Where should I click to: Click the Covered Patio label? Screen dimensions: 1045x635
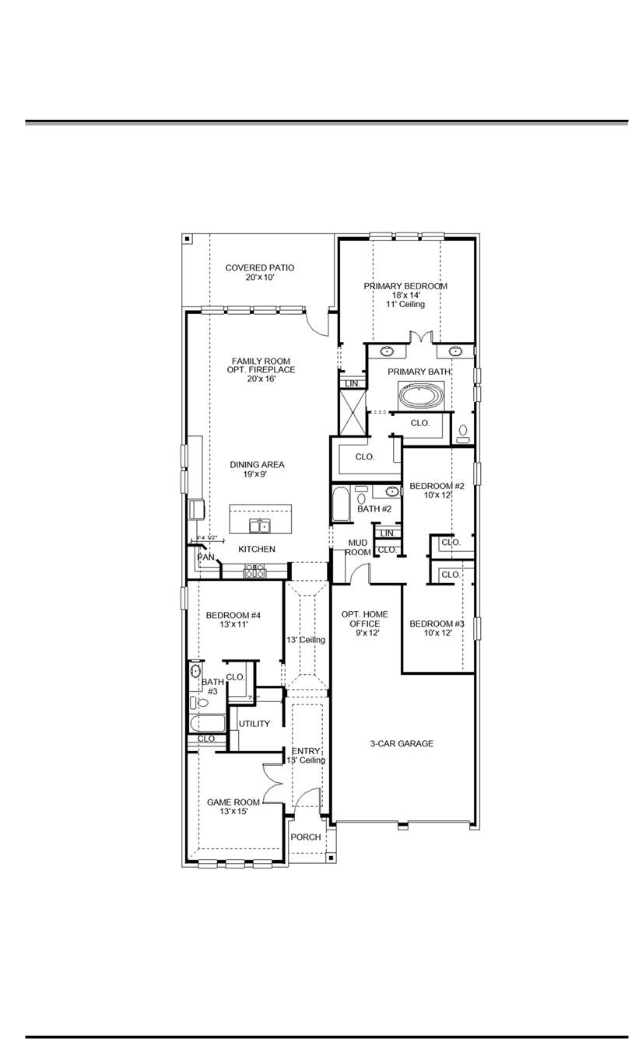[260, 272]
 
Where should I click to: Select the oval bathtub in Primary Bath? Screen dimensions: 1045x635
[420, 396]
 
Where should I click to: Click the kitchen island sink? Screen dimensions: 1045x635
[260, 526]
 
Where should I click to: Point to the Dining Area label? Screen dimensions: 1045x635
[257, 469]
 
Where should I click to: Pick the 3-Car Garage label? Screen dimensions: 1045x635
[402, 744]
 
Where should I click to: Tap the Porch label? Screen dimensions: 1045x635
[305, 837]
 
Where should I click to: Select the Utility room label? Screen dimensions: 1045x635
[254, 724]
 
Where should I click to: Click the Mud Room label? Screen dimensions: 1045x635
[358, 547]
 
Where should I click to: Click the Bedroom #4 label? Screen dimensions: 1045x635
[233, 620]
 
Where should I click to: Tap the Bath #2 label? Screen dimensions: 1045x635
[374, 509]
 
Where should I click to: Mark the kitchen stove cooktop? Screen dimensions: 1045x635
[255, 571]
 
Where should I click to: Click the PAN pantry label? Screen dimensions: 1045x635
[205, 557]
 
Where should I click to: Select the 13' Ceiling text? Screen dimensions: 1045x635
[306, 640]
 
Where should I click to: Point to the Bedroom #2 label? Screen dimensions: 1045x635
[437, 491]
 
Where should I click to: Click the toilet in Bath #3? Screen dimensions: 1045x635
[202, 703]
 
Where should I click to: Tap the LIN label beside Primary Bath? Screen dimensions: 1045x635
[352, 384]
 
